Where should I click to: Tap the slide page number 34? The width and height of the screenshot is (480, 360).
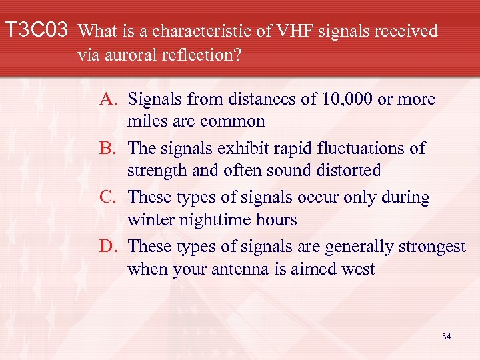(x=446, y=337)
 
